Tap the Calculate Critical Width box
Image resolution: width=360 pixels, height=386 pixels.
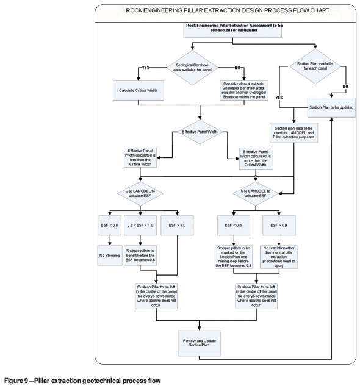140,91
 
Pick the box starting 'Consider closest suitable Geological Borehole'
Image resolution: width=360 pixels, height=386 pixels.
244,91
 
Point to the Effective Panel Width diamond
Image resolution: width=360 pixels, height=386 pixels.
200,131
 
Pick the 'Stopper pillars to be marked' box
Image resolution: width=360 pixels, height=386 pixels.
234,257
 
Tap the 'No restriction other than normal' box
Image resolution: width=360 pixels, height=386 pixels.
278,257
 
